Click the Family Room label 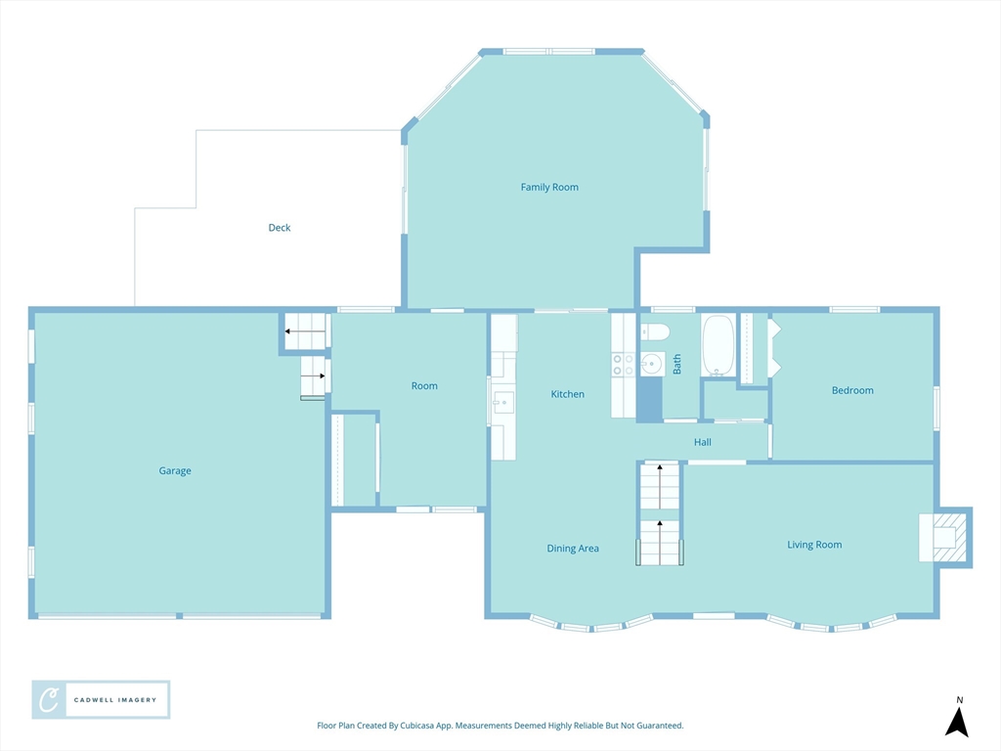pos(549,187)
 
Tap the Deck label pos(279,227)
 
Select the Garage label pos(175,470)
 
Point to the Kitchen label pos(568,394)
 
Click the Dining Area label pos(573,548)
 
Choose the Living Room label pos(814,545)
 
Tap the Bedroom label pos(852,390)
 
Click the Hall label pos(702,442)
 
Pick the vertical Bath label pos(676,364)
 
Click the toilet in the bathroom pos(655,331)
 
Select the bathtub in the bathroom pos(718,345)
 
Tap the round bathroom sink pos(652,364)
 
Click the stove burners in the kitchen pos(623,365)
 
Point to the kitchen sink pos(503,403)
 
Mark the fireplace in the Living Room pos(945,538)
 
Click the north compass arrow pos(957,722)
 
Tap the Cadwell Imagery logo pos(101,700)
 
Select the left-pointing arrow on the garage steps pos(305,331)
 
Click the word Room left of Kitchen pos(424,385)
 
